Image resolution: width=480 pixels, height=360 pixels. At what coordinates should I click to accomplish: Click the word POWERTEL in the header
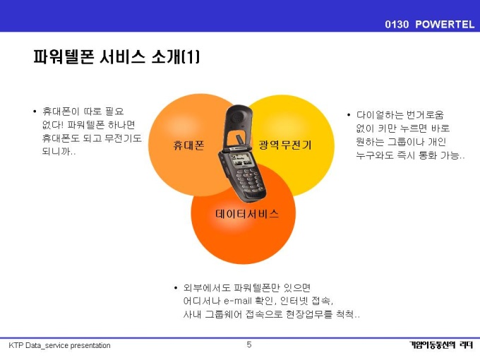(445, 24)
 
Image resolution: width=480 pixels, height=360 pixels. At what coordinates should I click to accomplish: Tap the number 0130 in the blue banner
(397, 24)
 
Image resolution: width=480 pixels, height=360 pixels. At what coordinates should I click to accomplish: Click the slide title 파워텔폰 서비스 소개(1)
(116, 56)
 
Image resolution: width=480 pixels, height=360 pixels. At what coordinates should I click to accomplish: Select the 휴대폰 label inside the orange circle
(188, 145)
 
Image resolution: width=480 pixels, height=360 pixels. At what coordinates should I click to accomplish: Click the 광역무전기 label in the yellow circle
(285, 145)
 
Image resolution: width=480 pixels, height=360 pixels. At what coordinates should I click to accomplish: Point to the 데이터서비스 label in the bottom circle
(247, 214)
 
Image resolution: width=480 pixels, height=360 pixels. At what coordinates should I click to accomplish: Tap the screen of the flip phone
(241, 160)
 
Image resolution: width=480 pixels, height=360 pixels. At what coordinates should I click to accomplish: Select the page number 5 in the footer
(249, 344)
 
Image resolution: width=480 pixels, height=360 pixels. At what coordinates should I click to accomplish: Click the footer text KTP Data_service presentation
(59, 346)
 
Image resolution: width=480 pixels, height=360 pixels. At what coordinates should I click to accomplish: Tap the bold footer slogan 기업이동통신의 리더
(441, 345)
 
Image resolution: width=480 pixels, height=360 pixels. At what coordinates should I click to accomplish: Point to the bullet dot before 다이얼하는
(349, 115)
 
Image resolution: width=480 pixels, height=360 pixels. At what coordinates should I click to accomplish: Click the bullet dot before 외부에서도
(175, 288)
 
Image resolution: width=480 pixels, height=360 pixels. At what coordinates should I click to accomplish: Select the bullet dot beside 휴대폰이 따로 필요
(35, 112)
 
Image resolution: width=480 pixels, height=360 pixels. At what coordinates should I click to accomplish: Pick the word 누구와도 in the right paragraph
(375, 155)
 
